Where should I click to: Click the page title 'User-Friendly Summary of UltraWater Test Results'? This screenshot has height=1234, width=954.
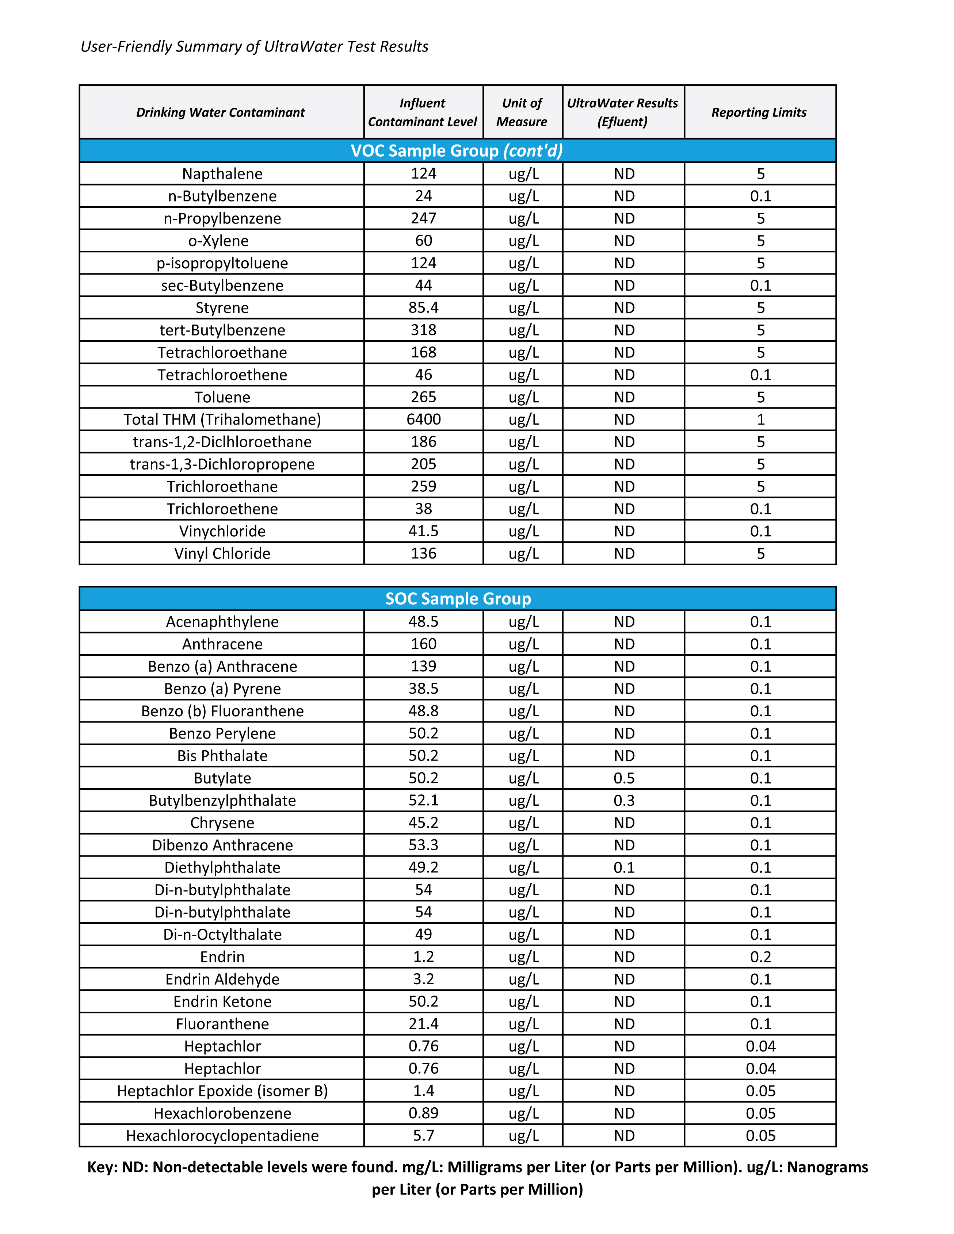pyautogui.click(x=254, y=46)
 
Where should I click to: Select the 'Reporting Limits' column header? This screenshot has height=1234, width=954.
pyautogui.click(x=759, y=112)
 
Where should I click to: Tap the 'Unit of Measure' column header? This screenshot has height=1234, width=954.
pyautogui.click(x=522, y=112)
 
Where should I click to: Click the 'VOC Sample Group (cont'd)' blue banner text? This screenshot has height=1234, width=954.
pyautogui.click(x=457, y=151)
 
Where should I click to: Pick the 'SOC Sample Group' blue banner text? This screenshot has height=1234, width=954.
pyautogui.click(x=458, y=599)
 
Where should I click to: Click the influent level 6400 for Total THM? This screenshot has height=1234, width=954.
pyautogui.click(x=423, y=419)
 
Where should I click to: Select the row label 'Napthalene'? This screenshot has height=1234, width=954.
pyautogui.click(x=222, y=173)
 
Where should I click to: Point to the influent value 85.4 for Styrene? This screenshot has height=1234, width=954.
pyautogui.click(x=423, y=308)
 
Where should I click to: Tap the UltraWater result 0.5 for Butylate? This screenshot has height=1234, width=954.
pyautogui.click(x=624, y=778)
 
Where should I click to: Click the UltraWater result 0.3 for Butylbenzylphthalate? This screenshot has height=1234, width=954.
pyautogui.click(x=624, y=801)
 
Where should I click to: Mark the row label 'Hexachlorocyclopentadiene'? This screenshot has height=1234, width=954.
pyautogui.click(x=222, y=1136)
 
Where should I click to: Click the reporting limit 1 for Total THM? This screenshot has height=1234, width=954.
pyautogui.click(x=760, y=419)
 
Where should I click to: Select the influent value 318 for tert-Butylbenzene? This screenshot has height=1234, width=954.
pyautogui.click(x=423, y=330)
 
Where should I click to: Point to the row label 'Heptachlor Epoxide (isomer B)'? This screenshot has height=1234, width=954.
pyautogui.click(x=222, y=1091)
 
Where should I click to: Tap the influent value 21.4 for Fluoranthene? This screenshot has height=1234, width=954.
pyautogui.click(x=423, y=1024)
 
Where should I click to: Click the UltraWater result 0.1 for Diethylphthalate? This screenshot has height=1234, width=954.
pyautogui.click(x=624, y=867)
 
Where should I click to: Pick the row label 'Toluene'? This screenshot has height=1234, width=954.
pyautogui.click(x=222, y=397)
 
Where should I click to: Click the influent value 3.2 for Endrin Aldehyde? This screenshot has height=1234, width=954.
pyautogui.click(x=423, y=979)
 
